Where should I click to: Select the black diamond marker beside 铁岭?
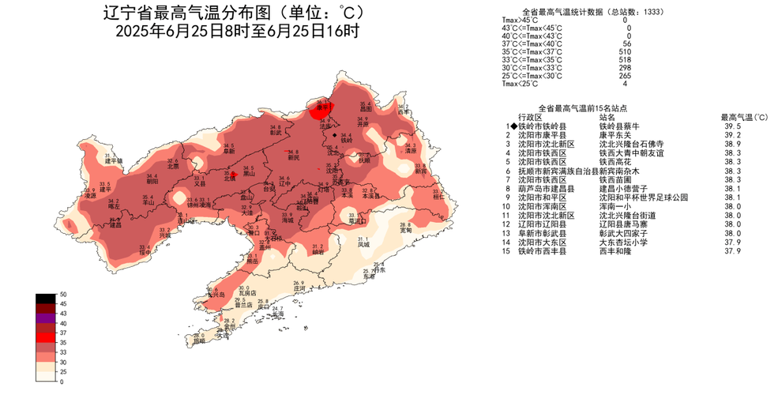(x=335, y=135)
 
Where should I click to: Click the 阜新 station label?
(x=228, y=151)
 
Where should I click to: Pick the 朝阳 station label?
(x=152, y=181)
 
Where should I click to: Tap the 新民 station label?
(x=293, y=157)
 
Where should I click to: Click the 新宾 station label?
(x=420, y=171)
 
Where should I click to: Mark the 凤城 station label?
(x=363, y=244)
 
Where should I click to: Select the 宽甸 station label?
(x=405, y=230)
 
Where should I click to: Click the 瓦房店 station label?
(x=249, y=293)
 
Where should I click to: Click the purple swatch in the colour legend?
(x=45, y=318)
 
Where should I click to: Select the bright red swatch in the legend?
(x=45, y=337)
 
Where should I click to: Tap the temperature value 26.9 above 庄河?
(x=299, y=283)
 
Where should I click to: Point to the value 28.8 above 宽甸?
(x=405, y=224)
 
